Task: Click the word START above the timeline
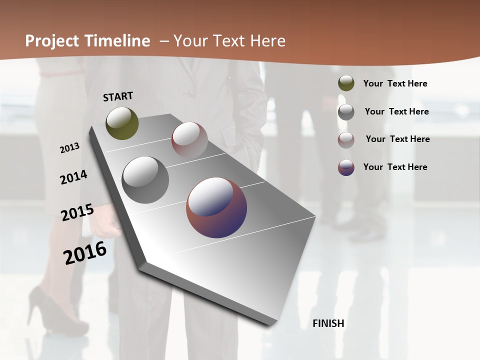(118, 96)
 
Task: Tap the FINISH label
(328, 323)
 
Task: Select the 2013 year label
(69, 148)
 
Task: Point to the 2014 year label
(73, 177)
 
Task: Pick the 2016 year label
(85, 252)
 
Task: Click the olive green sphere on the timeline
(122, 123)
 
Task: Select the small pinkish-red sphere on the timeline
(189, 140)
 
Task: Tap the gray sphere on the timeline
(145, 180)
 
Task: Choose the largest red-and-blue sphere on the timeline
(216, 207)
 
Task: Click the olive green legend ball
(346, 83)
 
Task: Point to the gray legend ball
(346, 112)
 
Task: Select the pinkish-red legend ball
(346, 140)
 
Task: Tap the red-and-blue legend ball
(346, 167)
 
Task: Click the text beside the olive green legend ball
(395, 83)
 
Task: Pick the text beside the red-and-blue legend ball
(395, 167)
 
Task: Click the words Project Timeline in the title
(87, 41)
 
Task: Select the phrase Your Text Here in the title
(229, 41)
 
